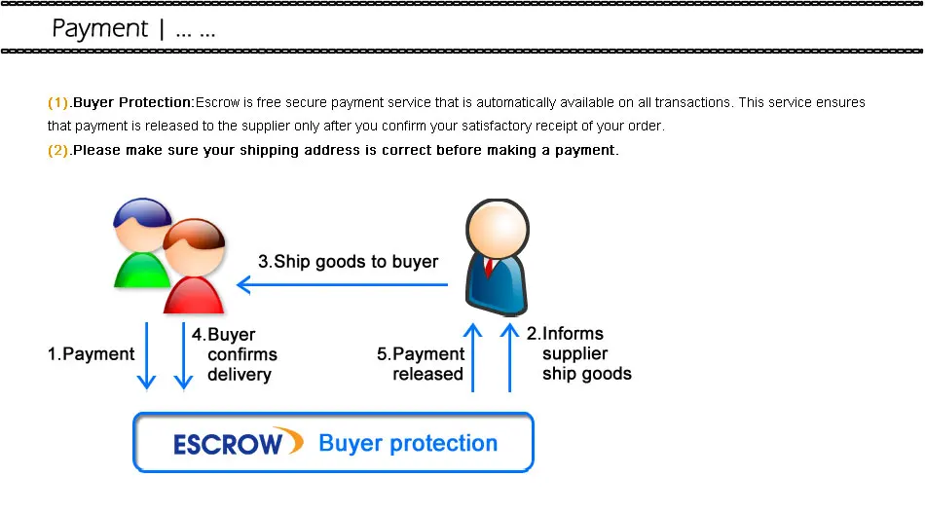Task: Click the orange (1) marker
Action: (58, 102)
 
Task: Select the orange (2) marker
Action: (58, 150)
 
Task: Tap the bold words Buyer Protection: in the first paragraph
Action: (134, 102)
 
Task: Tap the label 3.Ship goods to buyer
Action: (348, 261)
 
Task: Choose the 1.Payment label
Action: (92, 354)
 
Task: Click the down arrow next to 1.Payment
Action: (146, 356)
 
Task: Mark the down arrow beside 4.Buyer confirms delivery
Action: (183, 356)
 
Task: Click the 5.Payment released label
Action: (422, 364)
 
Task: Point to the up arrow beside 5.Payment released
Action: (473, 358)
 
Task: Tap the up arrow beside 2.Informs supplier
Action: (509, 358)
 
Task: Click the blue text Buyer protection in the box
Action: (408, 444)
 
